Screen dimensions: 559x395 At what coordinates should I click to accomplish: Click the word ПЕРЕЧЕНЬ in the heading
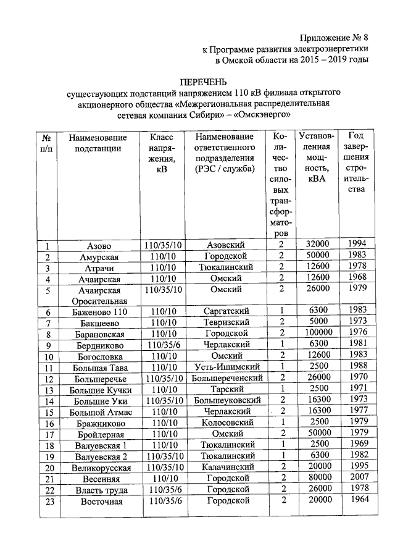203,82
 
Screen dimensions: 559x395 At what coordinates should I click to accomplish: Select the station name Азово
99,246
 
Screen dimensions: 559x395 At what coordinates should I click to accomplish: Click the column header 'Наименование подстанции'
99,142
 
